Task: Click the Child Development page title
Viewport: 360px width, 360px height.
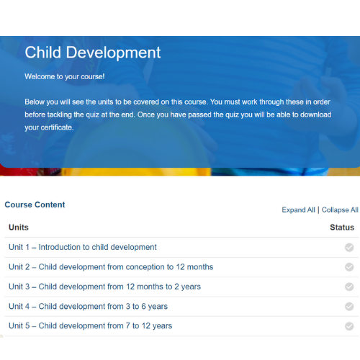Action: click(93, 53)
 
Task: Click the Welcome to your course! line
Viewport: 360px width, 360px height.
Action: click(65, 77)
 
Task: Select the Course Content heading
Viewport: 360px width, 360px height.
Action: click(35, 204)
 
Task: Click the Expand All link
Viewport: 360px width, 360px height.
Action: click(298, 210)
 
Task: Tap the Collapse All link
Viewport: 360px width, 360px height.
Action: click(340, 210)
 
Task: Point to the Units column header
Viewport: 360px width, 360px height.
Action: click(19, 228)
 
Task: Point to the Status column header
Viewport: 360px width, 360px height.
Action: click(342, 228)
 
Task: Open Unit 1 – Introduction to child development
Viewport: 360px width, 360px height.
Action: click(83, 247)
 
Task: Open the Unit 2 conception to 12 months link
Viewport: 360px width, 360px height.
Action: click(111, 267)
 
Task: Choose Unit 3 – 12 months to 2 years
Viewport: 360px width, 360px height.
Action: click(104, 287)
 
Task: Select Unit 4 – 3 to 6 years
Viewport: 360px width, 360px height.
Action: click(88, 307)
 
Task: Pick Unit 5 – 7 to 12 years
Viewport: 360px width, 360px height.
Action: click(91, 326)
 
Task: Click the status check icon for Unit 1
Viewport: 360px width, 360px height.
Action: click(349, 248)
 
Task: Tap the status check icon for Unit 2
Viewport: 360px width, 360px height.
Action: click(349, 267)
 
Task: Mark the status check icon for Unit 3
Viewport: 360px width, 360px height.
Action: click(349, 287)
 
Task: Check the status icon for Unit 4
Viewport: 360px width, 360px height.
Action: click(349, 307)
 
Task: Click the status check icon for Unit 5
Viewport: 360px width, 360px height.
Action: click(349, 326)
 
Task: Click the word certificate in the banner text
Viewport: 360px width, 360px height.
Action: click(56, 127)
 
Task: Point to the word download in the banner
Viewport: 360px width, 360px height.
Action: click(316, 114)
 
